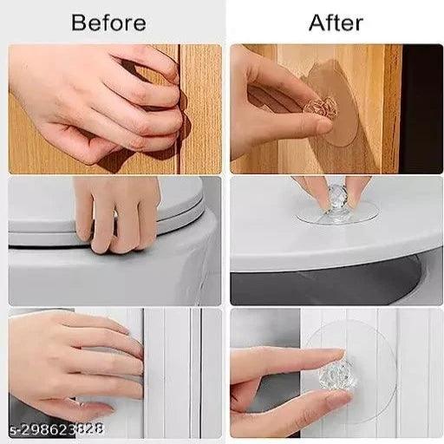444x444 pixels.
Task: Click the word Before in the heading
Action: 108,23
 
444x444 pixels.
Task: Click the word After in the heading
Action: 336,23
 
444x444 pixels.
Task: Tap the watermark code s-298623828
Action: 56,429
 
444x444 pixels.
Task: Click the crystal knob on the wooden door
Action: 321,108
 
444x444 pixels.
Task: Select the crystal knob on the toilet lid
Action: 336,199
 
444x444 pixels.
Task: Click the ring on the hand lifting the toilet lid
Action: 115,214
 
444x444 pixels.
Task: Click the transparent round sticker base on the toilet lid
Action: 337,214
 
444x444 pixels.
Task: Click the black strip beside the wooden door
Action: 421,108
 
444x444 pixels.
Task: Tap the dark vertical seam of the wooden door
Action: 180,108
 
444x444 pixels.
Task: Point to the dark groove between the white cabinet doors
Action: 200,373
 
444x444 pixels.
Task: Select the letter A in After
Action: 317,23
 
